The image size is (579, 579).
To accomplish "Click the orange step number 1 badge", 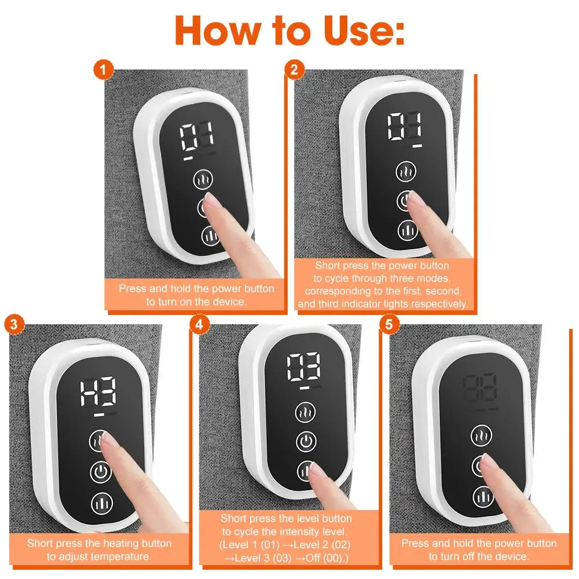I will coord(103,71).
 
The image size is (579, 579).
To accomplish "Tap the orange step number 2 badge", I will coord(294,71).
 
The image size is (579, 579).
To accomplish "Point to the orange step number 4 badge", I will coord(200,324).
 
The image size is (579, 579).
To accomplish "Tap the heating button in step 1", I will coord(203,179).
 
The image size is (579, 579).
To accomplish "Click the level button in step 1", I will coord(210,236).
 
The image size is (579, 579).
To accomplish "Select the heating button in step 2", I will coord(406,172).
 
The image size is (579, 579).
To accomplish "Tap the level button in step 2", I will coord(408,230).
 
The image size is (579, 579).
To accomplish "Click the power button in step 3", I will coord(100,472).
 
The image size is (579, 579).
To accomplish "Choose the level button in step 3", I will coord(101,502).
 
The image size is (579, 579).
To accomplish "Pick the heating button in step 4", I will coord(306,413).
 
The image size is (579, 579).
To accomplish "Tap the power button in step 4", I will coord(306,442).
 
